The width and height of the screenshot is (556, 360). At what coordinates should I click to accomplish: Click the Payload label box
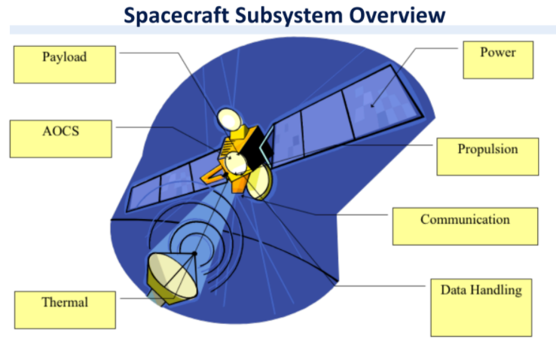pyautogui.click(x=64, y=63)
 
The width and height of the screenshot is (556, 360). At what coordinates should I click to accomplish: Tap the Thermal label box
pyautogui.click(x=65, y=309)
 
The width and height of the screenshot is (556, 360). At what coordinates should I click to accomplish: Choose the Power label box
pyautogui.click(x=498, y=59)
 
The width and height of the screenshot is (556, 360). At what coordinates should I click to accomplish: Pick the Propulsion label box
pyautogui.click(x=487, y=156)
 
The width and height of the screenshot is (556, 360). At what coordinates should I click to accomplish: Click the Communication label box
pyautogui.click(x=465, y=226)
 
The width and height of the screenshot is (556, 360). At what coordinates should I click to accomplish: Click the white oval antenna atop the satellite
pyautogui.click(x=228, y=117)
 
